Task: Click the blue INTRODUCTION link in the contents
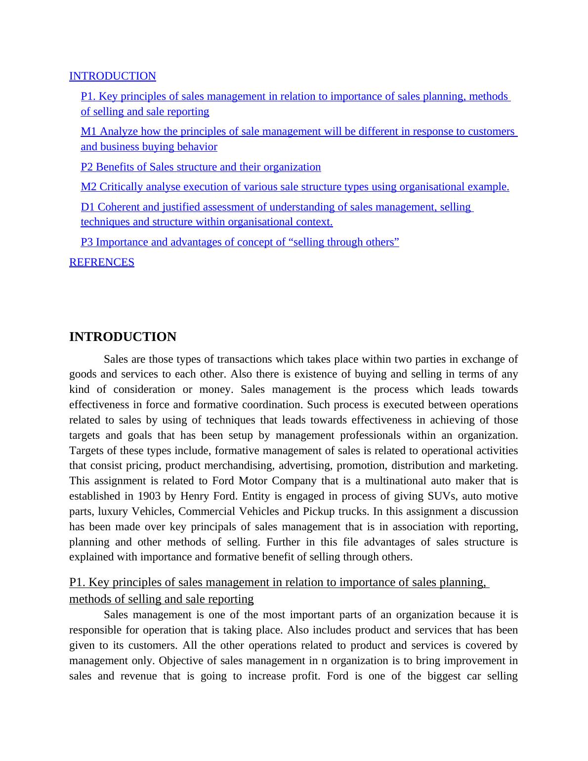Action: click(112, 76)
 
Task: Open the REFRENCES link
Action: click(101, 262)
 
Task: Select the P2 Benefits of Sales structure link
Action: click(201, 167)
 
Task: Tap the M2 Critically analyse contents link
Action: click(294, 187)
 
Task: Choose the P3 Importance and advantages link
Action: click(240, 242)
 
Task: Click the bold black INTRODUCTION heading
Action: click(123, 337)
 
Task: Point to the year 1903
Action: click(149, 496)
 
